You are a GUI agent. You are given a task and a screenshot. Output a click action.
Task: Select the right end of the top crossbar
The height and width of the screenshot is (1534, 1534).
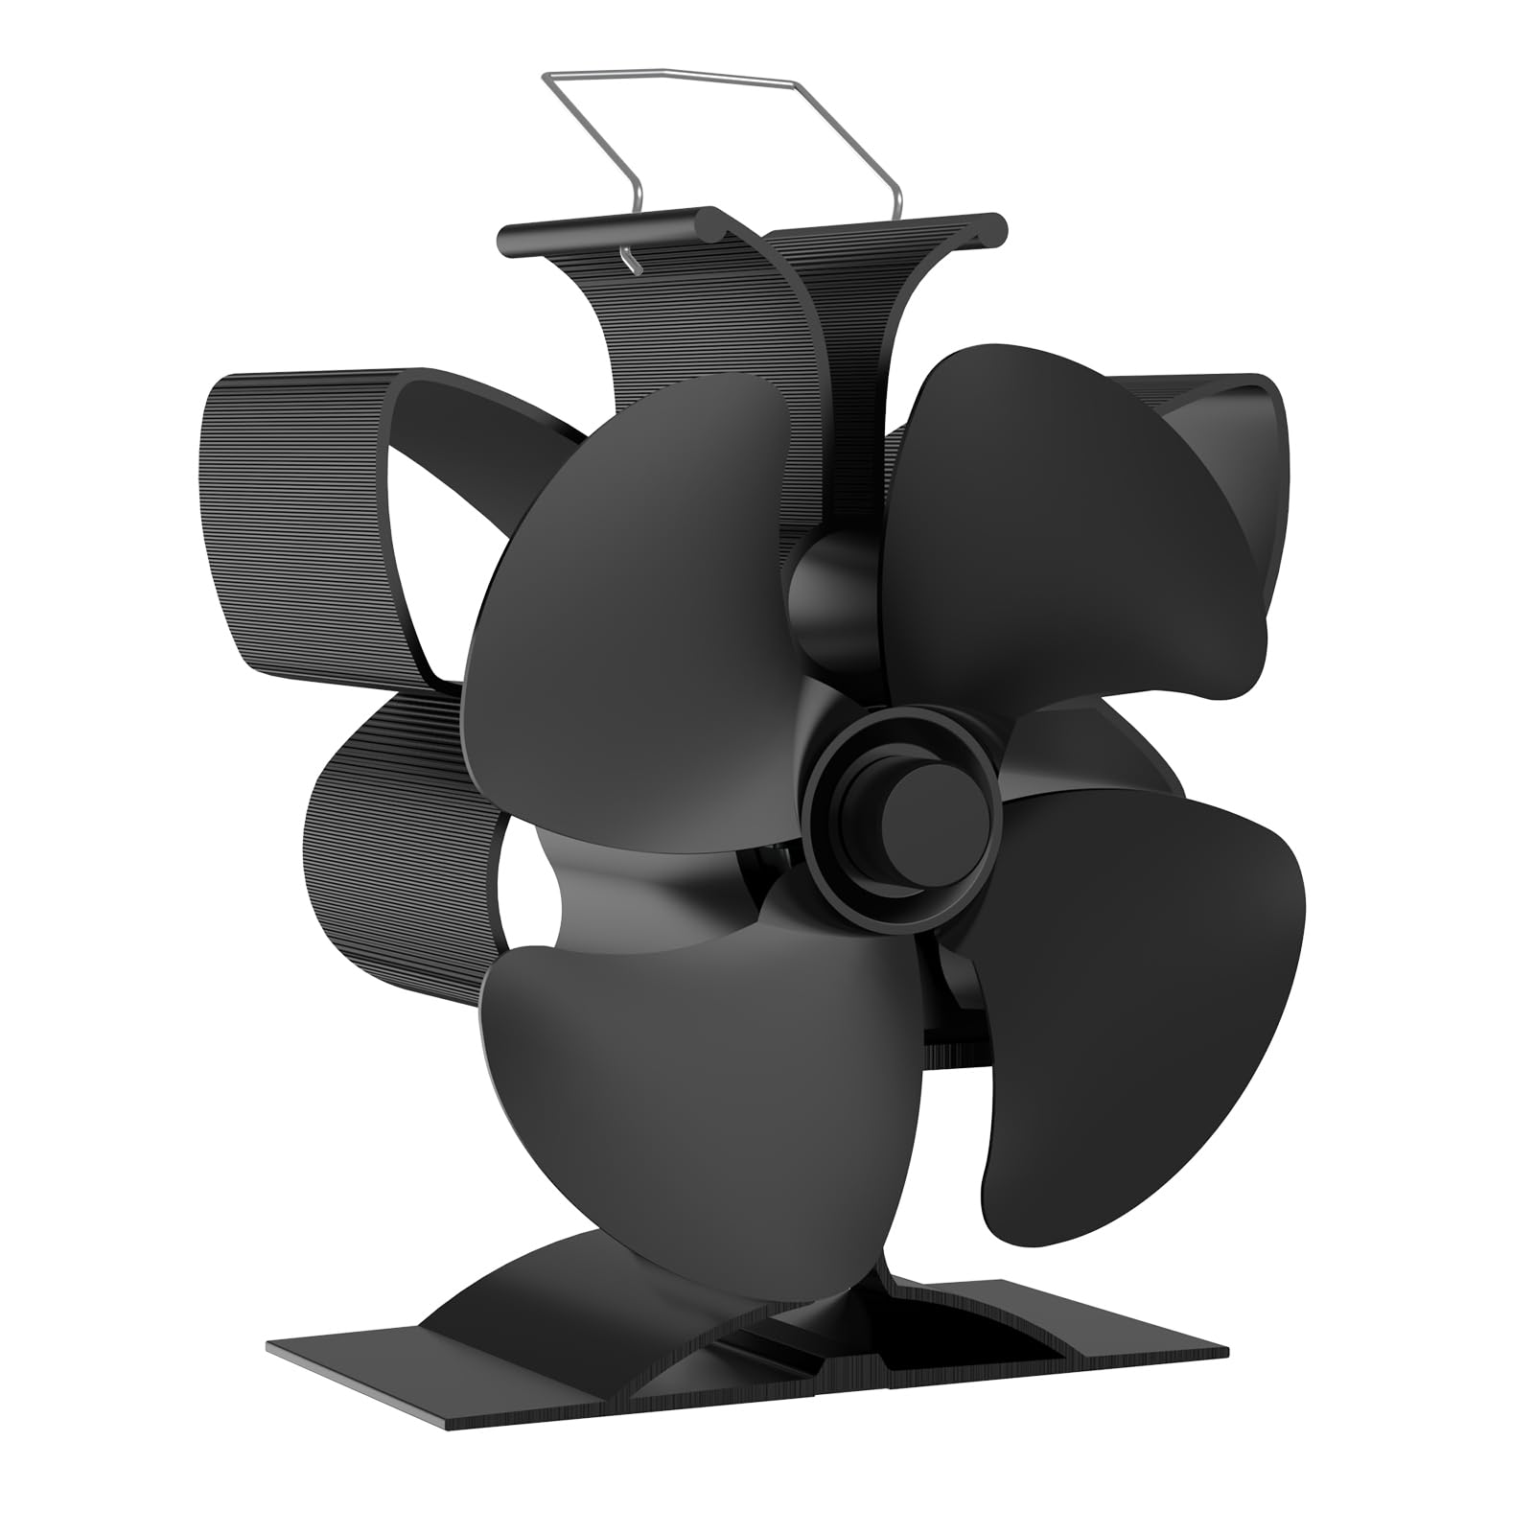[997, 226]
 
